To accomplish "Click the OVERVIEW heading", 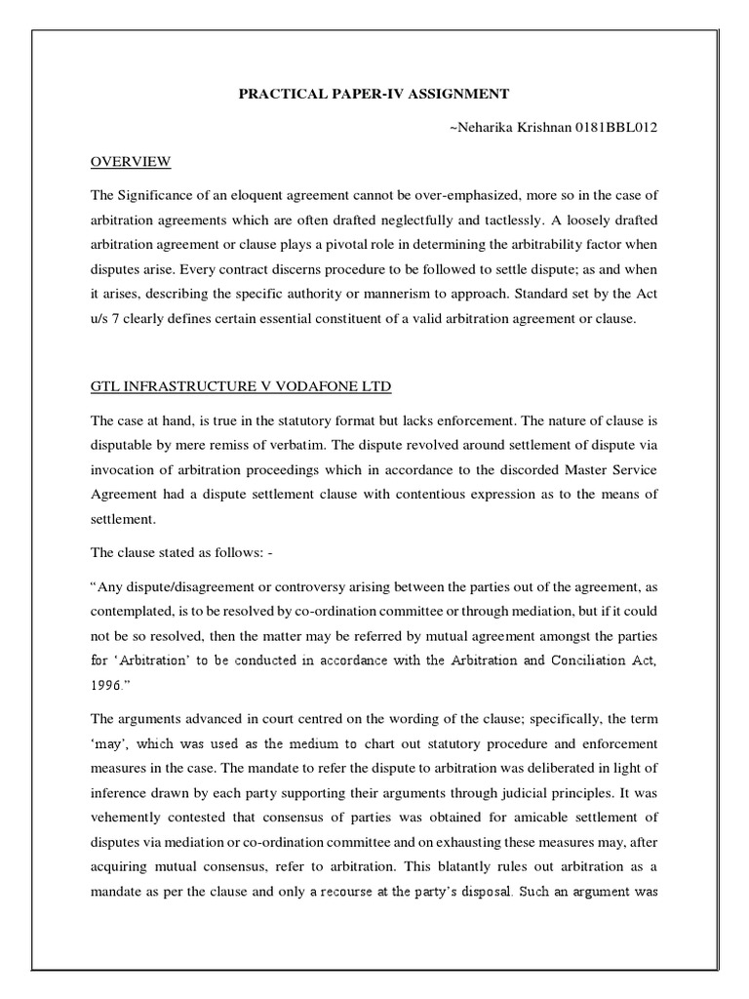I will click(131, 161).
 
